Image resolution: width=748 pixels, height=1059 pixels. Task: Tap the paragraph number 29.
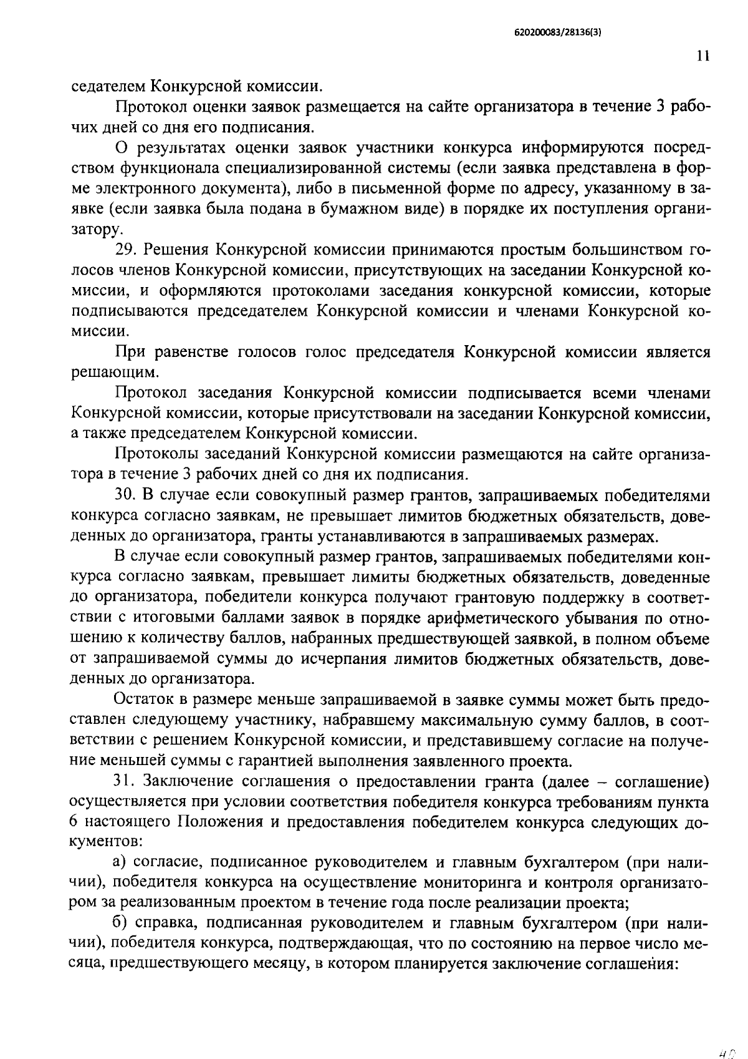tap(125, 250)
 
